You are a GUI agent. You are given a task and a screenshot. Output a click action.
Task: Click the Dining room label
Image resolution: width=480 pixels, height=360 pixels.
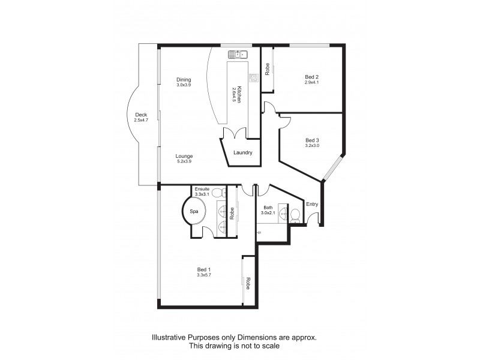coord(184,79)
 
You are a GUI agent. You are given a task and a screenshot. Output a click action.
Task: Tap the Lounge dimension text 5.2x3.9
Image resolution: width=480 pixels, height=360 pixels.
coord(184,161)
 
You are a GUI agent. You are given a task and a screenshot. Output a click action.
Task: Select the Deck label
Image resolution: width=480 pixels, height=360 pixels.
coord(141,115)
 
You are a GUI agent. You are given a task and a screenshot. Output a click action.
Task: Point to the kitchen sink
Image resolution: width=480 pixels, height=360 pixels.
coord(237,55)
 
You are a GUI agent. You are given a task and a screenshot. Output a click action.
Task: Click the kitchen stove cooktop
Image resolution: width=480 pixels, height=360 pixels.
coord(254,77)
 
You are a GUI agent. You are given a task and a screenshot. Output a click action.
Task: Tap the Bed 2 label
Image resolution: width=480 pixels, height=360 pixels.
coord(312,76)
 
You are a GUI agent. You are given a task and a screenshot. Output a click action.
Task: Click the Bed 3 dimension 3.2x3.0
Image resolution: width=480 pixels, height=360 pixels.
coord(312,145)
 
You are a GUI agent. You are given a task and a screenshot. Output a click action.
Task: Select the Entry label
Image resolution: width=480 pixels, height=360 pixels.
coord(312,205)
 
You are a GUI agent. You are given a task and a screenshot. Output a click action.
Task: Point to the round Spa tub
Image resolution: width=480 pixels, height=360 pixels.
coord(194,212)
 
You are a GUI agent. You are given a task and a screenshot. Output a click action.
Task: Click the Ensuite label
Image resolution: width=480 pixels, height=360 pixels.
coord(202,189)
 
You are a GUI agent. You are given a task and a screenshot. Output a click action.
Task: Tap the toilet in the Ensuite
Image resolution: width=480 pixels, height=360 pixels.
coord(221,193)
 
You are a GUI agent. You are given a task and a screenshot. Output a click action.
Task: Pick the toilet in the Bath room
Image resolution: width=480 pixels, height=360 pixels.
coord(295,215)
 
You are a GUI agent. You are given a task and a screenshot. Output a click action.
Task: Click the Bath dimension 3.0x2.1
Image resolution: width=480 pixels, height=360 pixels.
coord(268,213)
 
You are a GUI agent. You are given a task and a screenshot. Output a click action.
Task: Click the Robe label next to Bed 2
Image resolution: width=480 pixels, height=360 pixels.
coord(268,68)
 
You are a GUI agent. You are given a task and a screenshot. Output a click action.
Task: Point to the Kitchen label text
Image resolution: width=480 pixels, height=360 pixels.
coord(238,93)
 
